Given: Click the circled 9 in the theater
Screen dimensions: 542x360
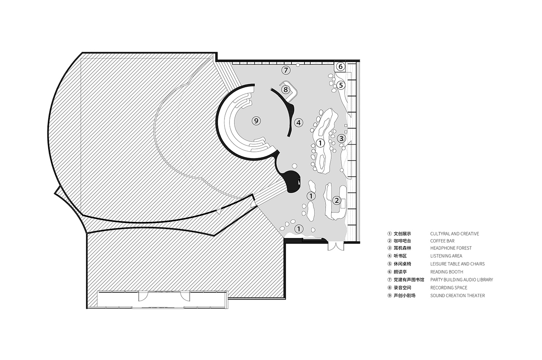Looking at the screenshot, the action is point(256,121).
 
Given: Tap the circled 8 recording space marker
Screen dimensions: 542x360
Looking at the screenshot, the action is point(286,90).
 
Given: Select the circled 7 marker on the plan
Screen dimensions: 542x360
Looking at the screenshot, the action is point(286,70).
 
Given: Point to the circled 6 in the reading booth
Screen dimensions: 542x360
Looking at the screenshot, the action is point(341,66).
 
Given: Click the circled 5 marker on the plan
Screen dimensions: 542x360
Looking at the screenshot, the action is point(341,85).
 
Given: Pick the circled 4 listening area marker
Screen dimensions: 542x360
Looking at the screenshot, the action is point(299,123).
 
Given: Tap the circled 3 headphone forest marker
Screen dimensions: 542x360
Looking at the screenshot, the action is point(342,138).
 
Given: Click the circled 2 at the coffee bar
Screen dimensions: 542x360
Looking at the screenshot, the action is point(337,200).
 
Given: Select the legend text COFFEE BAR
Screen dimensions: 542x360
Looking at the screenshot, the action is point(442,241).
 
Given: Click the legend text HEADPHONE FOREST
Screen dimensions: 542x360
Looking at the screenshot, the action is point(451,248).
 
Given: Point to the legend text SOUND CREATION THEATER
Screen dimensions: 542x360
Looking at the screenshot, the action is point(457,295).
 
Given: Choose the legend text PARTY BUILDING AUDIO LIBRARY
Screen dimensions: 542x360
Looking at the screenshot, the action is point(462,280).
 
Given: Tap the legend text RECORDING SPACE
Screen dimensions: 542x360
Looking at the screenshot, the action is point(449,288).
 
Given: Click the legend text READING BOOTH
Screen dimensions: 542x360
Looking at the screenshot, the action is point(447,272).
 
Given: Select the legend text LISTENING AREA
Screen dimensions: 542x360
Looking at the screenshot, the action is point(446,256).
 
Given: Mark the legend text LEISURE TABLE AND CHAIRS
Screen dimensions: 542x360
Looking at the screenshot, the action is point(457,264).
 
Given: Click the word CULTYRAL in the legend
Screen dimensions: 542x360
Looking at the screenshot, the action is point(440,234).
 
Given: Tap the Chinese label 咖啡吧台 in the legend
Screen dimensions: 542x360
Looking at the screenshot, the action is point(402,241).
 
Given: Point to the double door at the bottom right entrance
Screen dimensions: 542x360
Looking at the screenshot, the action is point(336,246).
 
